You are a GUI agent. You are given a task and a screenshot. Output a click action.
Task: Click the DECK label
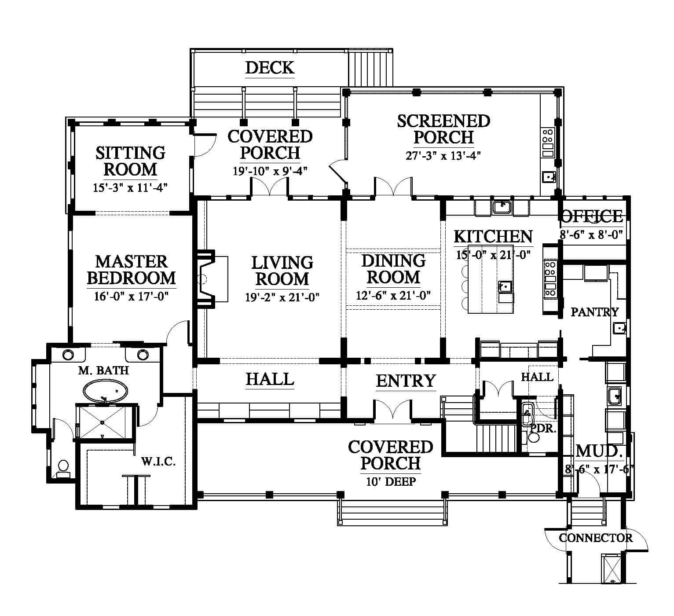click(270, 68)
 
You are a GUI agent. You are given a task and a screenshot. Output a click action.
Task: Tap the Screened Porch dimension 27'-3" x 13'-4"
click(443, 156)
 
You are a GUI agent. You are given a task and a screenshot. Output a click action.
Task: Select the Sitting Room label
click(130, 161)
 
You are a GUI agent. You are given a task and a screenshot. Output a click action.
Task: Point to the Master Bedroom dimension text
click(131, 297)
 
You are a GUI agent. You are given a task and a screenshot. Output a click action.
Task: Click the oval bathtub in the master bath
click(106, 391)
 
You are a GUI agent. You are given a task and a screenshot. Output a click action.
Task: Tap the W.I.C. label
click(158, 462)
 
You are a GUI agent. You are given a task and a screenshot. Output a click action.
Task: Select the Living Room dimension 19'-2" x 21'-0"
click(282, 297)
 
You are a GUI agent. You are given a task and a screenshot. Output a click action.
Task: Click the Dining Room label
click(393, 269)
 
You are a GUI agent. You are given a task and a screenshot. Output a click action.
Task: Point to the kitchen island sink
click(505, 287)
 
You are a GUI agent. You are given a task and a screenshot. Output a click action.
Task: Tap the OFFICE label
click(592, 216)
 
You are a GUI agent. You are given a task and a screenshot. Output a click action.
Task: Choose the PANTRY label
click(594, 312)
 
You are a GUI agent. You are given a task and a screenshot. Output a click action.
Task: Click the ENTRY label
click(406, 381)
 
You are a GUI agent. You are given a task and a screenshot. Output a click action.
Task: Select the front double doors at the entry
click(392, 410)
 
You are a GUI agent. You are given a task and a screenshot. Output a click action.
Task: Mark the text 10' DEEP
click(391, 481)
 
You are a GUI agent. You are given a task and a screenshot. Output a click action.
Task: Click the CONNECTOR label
click(595, 538)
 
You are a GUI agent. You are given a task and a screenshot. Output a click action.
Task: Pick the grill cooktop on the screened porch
click(548, 143)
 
